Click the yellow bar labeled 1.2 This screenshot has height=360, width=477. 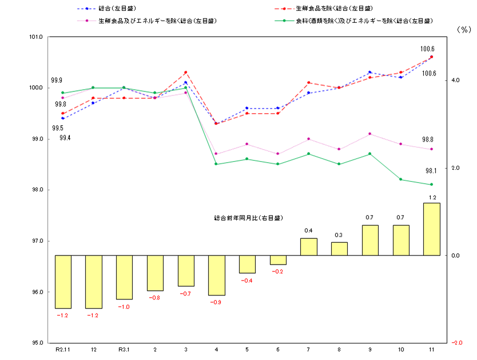click(x=431, y=229)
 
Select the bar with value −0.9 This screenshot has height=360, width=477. click(x=216, y=275)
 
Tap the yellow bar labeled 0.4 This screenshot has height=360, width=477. click(x=308, y=247)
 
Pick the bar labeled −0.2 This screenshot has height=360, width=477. click(x=278, y=260)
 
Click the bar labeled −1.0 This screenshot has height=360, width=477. click(x=124, y=277)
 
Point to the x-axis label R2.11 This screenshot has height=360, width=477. click(x=63, y=349)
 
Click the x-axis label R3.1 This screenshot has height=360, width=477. click(x=124, y=349)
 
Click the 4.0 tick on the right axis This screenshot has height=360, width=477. click(x=455, y=81)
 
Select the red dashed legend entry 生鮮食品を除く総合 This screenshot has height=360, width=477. click(x=324, y=9)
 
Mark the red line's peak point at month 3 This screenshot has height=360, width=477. click(x=185, y=72)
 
